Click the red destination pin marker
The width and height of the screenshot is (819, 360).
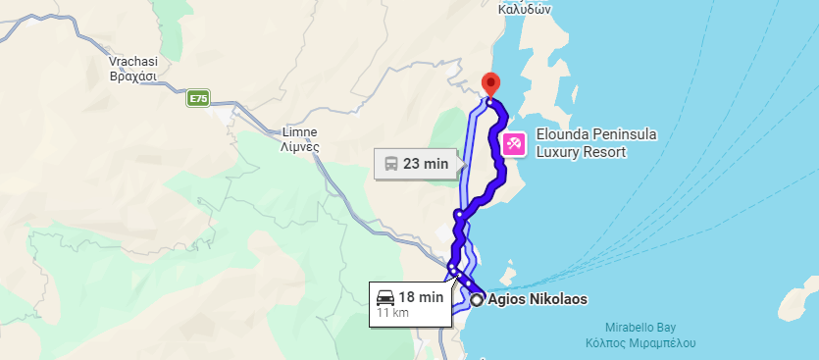(491, 84)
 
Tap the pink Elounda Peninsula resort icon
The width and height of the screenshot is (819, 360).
(513, 144)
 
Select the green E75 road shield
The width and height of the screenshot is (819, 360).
(198, 98)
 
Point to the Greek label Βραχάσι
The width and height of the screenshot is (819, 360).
(132, 75)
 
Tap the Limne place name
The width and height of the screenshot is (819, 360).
(300, 130)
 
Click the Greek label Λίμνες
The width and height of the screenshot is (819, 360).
(300, 145)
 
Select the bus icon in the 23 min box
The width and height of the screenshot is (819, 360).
(389, 164)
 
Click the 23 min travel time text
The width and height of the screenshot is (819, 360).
(426, 164)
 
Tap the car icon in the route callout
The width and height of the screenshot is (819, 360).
(384, 296)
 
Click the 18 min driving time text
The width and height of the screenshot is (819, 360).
(421, 296)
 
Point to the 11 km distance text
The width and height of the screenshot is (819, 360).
(392, 313)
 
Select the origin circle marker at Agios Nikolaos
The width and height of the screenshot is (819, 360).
(477, 300)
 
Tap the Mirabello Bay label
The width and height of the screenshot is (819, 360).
(640, 330)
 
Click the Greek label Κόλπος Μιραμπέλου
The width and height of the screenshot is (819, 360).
(640, 344)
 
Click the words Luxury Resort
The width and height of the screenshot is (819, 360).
(581, 152)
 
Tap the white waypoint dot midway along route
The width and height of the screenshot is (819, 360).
(458, 213)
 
